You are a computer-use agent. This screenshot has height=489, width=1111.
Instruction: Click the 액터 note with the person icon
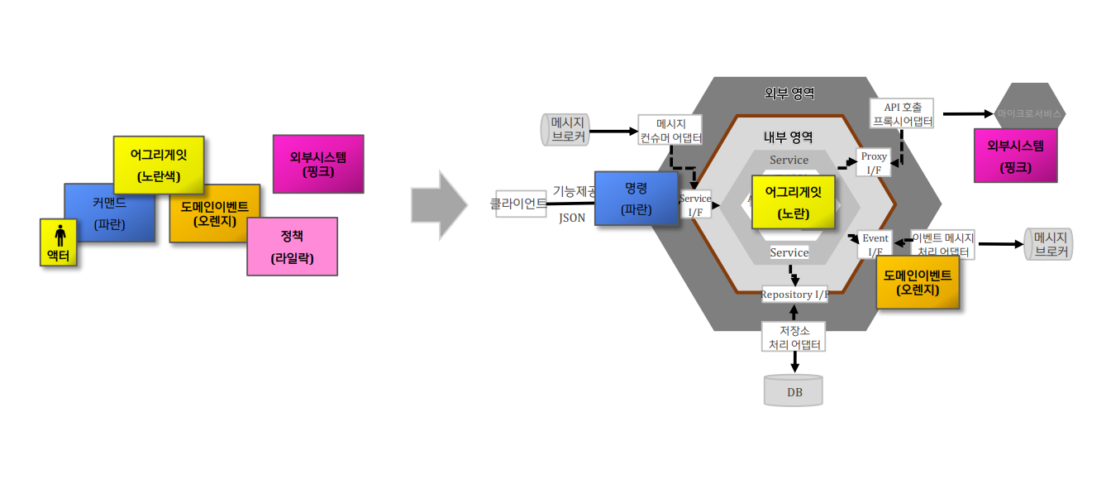pos(58,242)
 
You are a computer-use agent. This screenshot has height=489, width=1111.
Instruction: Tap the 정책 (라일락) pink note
pos(292,246)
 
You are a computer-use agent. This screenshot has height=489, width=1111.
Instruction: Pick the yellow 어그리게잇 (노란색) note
pos(158,161)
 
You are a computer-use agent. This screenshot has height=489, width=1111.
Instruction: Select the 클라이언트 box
pos(519,203)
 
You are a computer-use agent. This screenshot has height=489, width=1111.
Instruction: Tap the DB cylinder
pos(794,390)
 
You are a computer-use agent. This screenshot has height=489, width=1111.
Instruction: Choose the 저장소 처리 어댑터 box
pos(794,337)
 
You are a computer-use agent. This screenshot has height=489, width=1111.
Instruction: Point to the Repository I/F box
pos(794,294)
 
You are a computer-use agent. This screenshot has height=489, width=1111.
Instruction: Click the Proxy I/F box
pos(874,162)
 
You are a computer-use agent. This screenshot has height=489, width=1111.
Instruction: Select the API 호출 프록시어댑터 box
pos(903,114)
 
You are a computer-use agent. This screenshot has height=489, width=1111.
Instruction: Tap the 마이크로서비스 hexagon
pos(1029,113)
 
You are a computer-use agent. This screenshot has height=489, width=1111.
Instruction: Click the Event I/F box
pos(875,244)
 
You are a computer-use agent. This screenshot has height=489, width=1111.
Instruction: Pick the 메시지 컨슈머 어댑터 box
pos(670,131)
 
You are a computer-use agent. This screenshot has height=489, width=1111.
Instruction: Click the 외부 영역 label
pos(789,93)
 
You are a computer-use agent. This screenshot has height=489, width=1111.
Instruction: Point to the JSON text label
pos(572,218)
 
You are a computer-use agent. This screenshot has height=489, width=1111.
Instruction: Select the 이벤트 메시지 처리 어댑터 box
pos(942,244)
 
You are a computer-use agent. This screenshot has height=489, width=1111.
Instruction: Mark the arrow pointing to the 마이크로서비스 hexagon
pos(967,113)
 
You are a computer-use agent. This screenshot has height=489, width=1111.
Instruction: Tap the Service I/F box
pos(694,205)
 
